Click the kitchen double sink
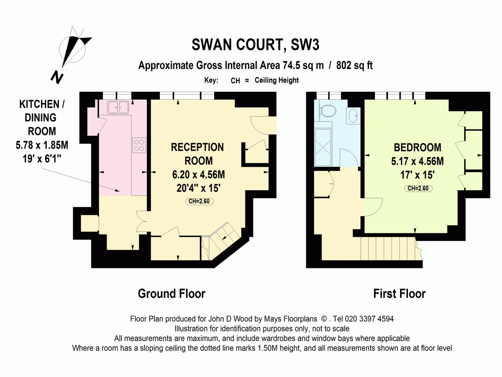tap(118, 107)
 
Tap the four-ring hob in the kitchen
tap(139, 145)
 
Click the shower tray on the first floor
tap(323, 147)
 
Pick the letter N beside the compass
tap(57, 77)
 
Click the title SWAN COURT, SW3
tap(255, 45)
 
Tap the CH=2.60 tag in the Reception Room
tap(199, 201)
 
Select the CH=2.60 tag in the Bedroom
tap(418, 188)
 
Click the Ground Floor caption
tap(172, 294)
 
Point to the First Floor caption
tap(400, 294)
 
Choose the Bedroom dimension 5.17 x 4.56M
tap(417, 161)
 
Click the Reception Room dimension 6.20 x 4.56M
tap(199, 175)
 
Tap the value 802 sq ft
tap(354, 65)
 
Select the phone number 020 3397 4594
tap(369, 319)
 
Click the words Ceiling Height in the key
tap(277, 80)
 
